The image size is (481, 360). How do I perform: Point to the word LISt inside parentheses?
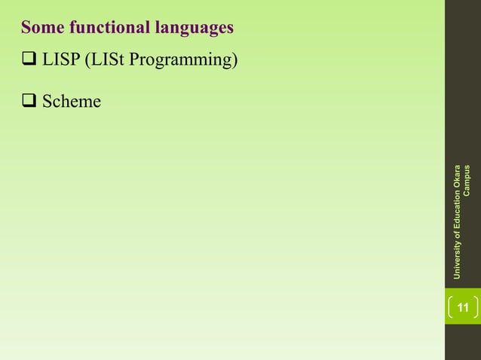pyautogui.click(x=108, y=60)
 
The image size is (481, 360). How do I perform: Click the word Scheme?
pyautogui.click(x=72, y=101)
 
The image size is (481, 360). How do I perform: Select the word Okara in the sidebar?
pyautogui.click(x=457, y=175)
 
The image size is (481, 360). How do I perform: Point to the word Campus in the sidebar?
pyautogui.click(x=467, y=179)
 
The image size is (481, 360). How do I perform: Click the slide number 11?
pyautogui.click(x=463, y=307)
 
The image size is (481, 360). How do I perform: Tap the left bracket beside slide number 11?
pyautogui.click(x=451, y=307)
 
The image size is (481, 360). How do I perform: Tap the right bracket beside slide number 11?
pyautogui.click(x=476, y=307)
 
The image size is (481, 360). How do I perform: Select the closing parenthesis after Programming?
pyautogui.click(x=235, y=60)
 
